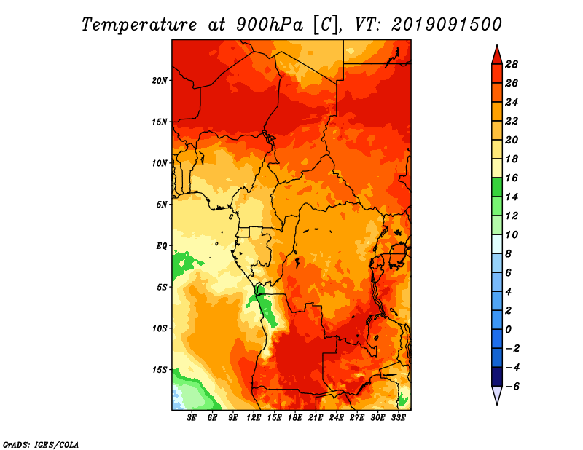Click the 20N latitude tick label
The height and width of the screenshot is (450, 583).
(160, 81)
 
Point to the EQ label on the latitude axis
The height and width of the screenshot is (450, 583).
(162, 246)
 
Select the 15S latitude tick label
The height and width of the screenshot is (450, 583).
(160, 370)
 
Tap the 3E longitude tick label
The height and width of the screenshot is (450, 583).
(192, 418)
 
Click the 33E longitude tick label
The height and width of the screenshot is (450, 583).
(398, 418)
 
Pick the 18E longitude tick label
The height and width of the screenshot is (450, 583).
(295, 418)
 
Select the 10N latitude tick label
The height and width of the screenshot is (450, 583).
(160, 163)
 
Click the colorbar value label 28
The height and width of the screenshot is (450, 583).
(512, 64)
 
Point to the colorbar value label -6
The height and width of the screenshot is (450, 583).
(512, 387)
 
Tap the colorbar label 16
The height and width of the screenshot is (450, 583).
(512, 178)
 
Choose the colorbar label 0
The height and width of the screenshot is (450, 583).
(508, 330)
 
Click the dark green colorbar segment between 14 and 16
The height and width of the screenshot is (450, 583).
(497, 187)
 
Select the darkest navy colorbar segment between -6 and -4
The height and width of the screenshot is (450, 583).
(497, 376)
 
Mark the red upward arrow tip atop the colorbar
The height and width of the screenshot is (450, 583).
(497, 45)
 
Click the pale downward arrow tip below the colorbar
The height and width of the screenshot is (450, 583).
(497, 404)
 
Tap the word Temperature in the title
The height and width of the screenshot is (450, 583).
(139, 25)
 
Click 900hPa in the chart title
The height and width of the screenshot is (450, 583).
(269, 25)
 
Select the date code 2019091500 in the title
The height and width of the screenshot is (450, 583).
(447, 25)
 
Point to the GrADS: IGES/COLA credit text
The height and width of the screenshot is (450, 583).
(41, 445)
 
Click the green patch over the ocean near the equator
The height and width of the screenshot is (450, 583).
(185, 263)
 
